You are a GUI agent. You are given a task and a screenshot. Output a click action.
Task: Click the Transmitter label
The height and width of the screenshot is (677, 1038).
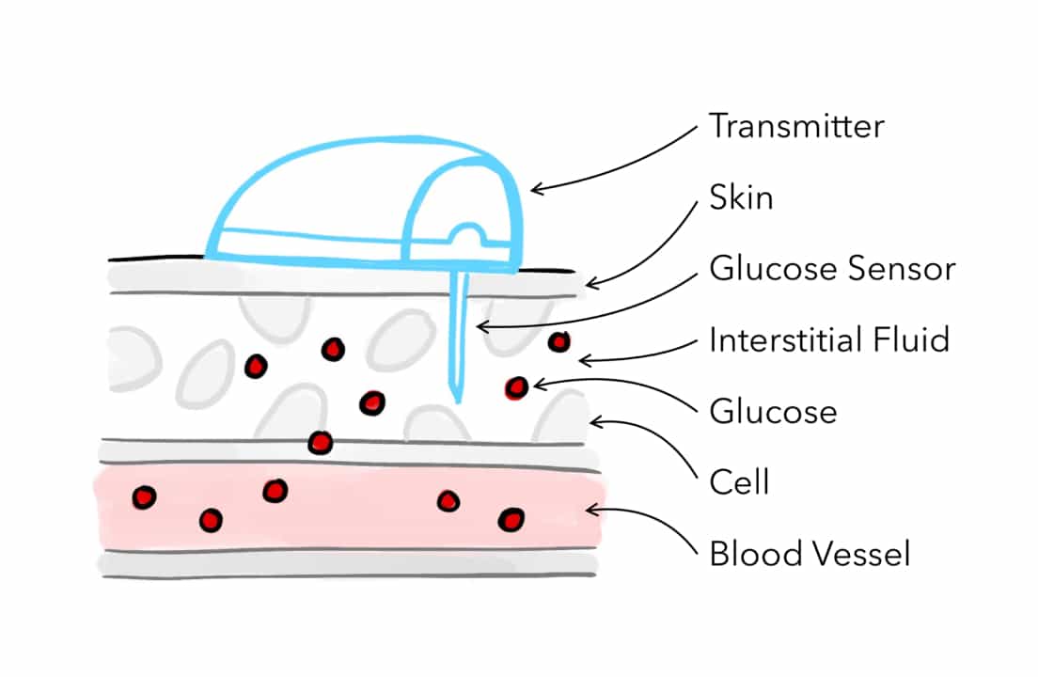tap(796, 126)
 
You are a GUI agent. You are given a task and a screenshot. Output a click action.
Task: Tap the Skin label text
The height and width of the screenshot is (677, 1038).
tap(742, 198)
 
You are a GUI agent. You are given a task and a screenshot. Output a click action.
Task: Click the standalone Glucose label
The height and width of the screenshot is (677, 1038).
tap(773, 411)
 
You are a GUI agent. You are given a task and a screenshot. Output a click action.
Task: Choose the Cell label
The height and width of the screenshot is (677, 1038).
tap(739, 481)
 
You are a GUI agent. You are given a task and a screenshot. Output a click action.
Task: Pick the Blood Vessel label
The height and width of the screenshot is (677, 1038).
tap(810, 553)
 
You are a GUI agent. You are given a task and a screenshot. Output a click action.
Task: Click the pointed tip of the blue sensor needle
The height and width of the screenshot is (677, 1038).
tap(457, 400)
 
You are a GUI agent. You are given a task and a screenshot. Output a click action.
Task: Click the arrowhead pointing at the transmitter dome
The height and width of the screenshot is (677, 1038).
tap(534, 189)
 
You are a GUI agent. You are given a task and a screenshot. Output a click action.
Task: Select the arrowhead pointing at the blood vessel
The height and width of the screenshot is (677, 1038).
tap(589, 510)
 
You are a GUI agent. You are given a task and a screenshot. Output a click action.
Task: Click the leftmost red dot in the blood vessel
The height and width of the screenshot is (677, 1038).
tap(144, 497)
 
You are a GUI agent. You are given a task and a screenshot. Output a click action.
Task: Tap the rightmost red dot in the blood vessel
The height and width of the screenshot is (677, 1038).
tap(511, 519)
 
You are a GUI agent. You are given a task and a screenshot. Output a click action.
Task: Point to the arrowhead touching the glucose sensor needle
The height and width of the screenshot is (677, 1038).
tap(477, 326)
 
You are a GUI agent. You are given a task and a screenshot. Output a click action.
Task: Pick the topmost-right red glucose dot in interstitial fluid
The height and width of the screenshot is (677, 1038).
tap(559, 342)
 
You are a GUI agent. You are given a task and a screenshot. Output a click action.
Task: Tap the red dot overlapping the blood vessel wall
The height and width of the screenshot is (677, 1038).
tap(321, 441)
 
